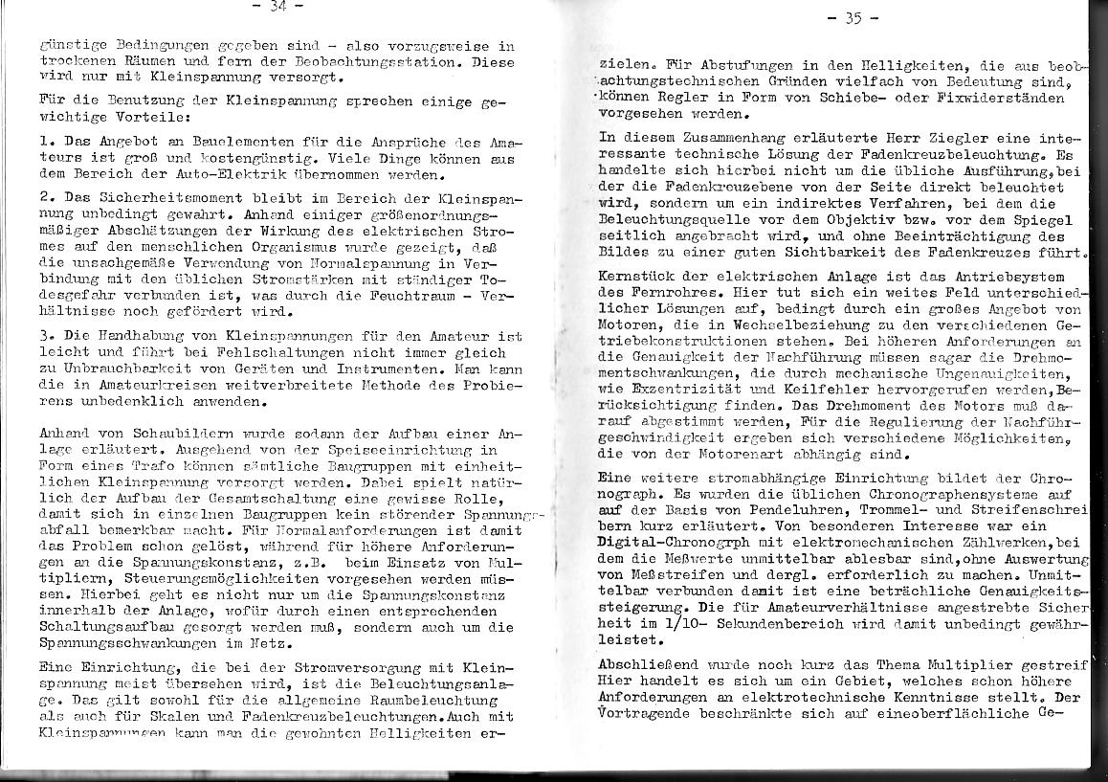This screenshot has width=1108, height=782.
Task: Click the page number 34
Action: (x=278, y=7)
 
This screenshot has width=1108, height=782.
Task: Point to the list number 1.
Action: (x=45, y=141)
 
